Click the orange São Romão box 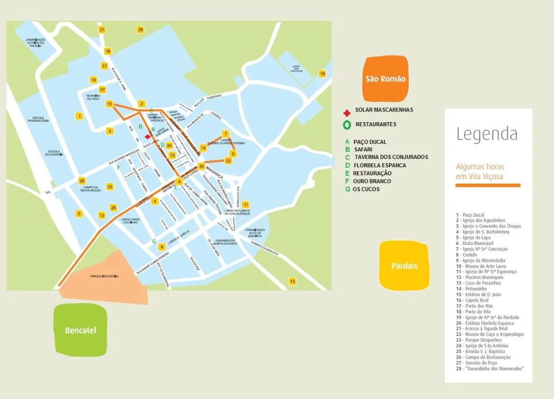385,79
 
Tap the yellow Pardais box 404,266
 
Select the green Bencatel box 80,330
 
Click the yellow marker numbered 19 322,74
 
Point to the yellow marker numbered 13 292,281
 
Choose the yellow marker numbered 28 140,30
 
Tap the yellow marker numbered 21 102,30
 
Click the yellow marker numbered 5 79,214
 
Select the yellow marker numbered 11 245,204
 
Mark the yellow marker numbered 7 225,133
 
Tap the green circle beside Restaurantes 347,125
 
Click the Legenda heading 487,133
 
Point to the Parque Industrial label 105,276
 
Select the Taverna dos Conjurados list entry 391,157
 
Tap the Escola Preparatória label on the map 38,119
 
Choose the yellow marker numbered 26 82,181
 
